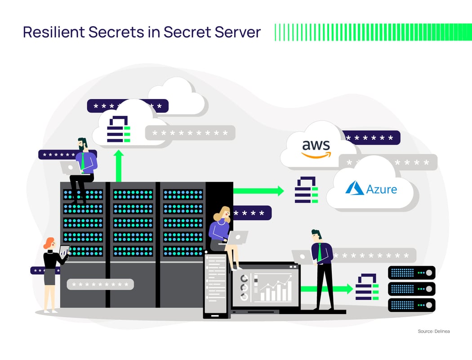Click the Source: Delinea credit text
click(433, 331)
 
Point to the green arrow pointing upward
click(119, 165)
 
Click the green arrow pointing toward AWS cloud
click(258, 191)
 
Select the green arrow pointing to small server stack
click(326, 289)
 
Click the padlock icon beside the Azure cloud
click(306, 190)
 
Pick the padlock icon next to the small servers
click(366, 287)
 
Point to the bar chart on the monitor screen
click(275, 290)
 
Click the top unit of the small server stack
click(411, 272)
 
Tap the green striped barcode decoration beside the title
click(373, 32)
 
